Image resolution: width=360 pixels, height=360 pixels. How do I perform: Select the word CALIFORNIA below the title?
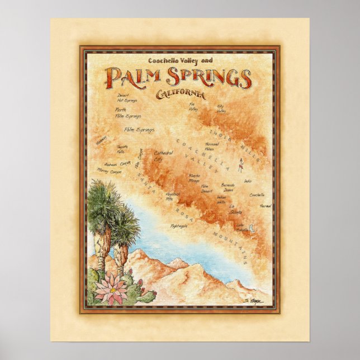click(x=181, y=94)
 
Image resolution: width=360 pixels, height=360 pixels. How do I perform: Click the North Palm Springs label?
click(x=127, y=113)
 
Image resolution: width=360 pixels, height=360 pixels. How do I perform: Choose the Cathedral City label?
click(x=163, y=155)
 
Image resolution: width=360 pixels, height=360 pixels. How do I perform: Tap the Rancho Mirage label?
click(x=195, y=179)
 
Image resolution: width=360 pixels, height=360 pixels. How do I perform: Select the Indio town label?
click(x=248, y=181)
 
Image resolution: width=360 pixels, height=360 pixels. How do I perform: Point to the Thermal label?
click(x=265, y=206)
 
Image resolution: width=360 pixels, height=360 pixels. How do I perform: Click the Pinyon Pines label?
click(x=179, y=225)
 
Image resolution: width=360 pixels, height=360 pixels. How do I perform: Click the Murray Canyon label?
click(x=109, y=171)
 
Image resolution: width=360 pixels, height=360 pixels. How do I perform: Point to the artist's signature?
click(x=258, y=301)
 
